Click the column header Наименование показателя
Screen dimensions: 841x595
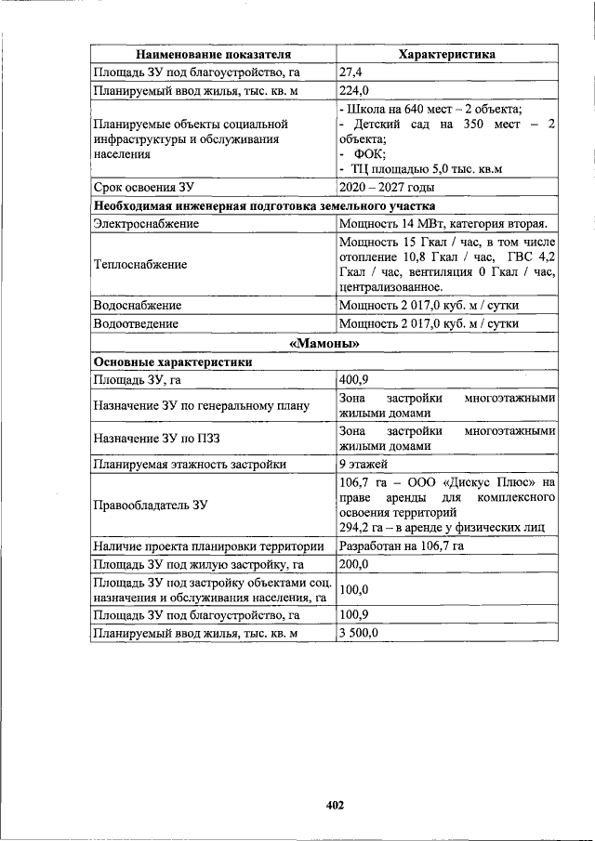tap(213, 55)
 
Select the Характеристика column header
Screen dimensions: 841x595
tap(446, 55)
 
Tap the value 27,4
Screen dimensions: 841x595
tap(351, 72)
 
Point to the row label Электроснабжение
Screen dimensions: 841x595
tap(146, 224)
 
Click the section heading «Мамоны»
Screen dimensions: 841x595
tap(324, 344)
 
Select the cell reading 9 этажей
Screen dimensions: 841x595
tap(364, 464)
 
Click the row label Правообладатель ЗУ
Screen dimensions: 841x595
tap(149, 506)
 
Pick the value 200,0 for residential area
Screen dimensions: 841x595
tap(354, 565)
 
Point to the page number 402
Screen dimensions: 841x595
tap(335, 805)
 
